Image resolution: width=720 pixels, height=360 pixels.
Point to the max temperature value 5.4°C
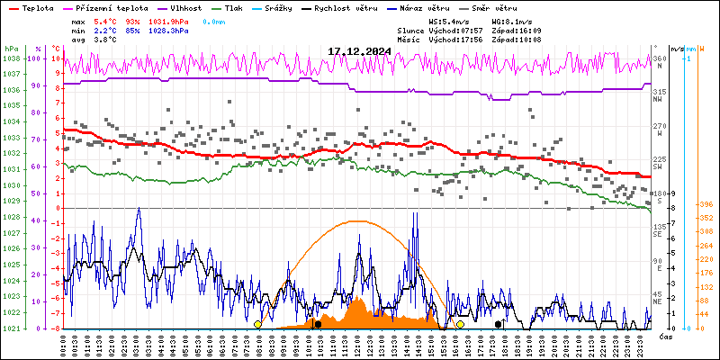pyautogui.click(x=106, y=21)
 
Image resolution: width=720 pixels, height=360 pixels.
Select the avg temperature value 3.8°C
pyautogui.click(x=106, y=39)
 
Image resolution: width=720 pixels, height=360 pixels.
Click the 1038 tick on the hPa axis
pyautogui.click(x=11, y=58)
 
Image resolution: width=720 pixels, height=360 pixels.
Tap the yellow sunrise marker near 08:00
pyautogui.click(x=258, y=324)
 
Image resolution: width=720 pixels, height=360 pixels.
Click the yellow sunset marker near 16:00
pyautogui.click(x=460, y=324)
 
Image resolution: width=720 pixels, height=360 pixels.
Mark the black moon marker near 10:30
pyautogui.click(x=318, y=324)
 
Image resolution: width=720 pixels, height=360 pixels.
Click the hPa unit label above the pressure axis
pyautogui.click(x=11, y=49)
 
